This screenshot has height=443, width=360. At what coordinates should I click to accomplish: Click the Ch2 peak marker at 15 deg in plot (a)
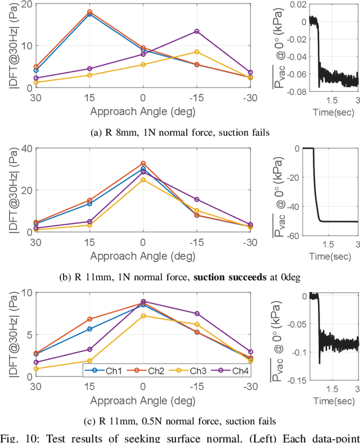(x=89, y=12)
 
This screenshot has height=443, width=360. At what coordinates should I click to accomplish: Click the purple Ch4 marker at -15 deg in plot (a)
(x=197, y=32)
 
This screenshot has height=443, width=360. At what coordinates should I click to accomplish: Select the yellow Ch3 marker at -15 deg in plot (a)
(x=197, y=52)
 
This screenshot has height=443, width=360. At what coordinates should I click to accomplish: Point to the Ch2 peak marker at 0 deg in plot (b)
(x=143, y=164)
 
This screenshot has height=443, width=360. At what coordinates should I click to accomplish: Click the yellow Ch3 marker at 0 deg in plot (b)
(x=143, y=180)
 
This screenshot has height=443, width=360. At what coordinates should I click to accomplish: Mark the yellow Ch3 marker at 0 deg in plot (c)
(x=143, y=316)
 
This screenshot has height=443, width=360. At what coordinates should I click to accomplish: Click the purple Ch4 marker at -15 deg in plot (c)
(x=197, y=314)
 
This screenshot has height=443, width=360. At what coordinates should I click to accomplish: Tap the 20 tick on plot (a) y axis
(x=26, y=5)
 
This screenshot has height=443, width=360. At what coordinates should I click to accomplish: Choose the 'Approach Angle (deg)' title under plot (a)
(x=143, y=111)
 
